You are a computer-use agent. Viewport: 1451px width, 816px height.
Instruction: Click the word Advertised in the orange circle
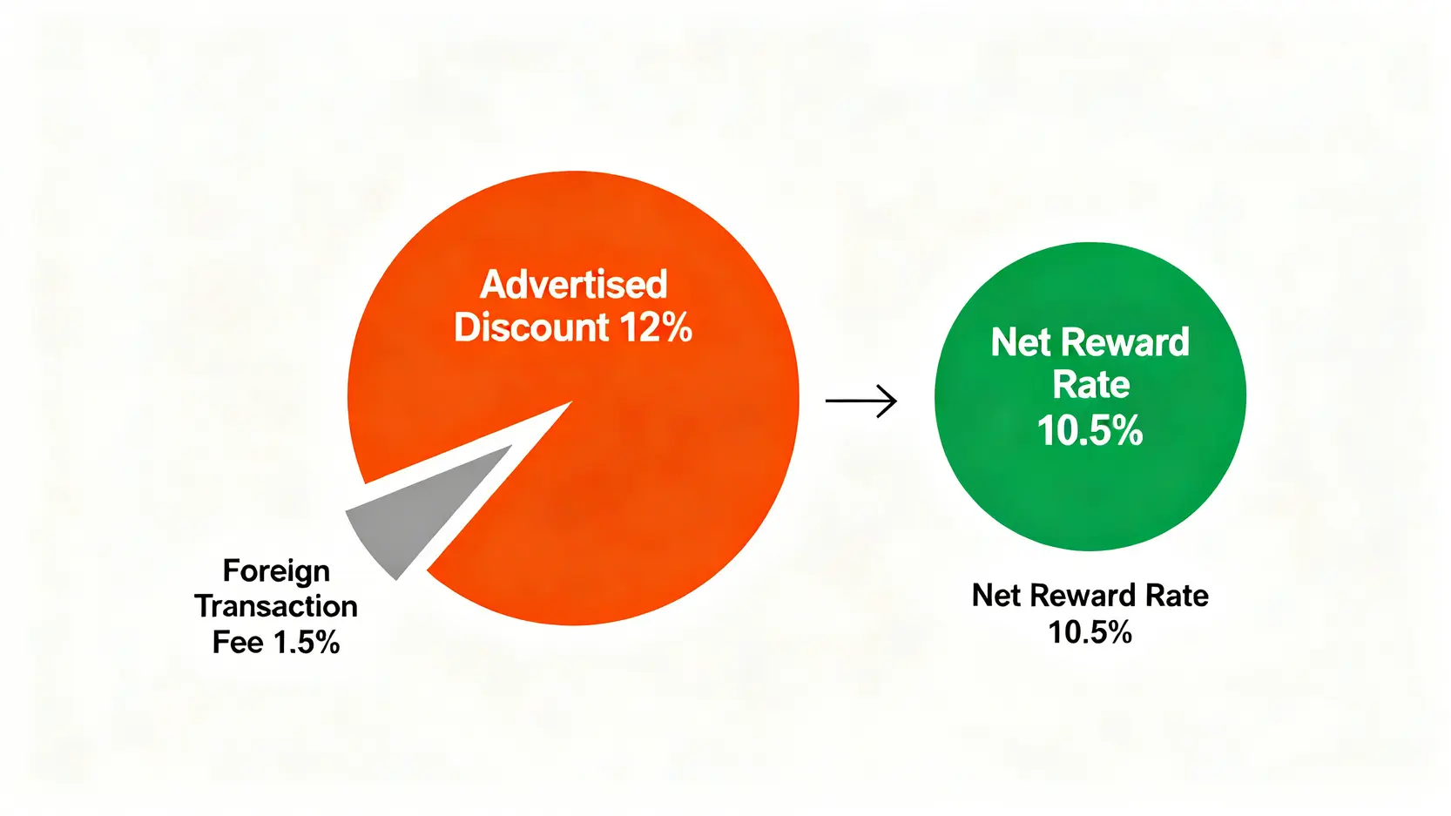(x=573, y=284)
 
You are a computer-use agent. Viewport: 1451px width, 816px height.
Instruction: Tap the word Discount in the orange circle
(x=531, y=327)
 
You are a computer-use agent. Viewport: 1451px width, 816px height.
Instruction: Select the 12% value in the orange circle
(x=656, y=327)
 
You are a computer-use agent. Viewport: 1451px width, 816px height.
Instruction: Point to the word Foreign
(x=277, y=570)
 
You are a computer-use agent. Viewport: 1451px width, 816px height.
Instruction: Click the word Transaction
(x=276, y=607)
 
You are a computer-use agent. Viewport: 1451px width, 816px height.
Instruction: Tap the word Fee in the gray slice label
(x=237, y=643)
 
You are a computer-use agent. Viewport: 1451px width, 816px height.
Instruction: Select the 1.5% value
(x=307, y=643)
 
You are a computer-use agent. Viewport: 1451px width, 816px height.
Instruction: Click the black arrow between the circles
(x=860, y=401)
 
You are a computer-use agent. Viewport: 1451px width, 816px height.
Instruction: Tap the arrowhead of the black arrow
(x=888, y=401)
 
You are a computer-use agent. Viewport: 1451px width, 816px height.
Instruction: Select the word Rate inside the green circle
(x=1090, y=385)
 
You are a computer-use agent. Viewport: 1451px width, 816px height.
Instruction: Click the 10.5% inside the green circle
(x=1090, y=430)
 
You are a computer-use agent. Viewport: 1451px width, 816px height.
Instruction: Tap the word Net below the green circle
(x=996, y=595)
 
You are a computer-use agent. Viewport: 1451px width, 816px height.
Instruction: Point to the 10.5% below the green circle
(x=1090, y=632)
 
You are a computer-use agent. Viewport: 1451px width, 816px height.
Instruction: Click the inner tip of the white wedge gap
(x=572, y=401)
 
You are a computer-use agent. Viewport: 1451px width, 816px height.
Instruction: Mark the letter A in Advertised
(x=494, y=284)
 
